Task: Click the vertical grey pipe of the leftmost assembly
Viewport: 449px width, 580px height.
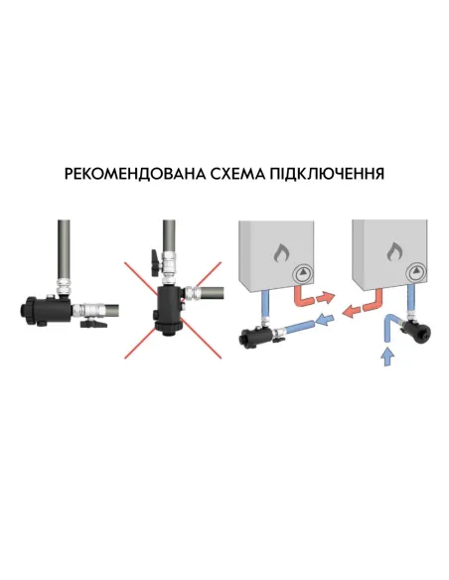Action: point(64,248)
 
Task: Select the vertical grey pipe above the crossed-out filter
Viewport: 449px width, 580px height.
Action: point(168,243)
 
